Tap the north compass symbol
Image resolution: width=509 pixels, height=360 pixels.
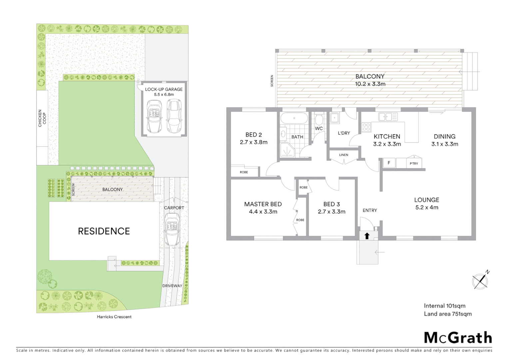[x=481, y=281]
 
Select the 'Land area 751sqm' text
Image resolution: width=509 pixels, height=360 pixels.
[x=448, y=314]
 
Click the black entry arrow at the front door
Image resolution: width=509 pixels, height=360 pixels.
[x=367, y=236]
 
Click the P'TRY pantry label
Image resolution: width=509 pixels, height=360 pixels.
[x=414, y=163]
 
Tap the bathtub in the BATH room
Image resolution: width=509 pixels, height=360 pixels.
[x=294, y=118]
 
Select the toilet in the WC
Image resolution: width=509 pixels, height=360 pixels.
[x=319, y=119]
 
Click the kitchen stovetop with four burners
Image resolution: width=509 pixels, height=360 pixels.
[x=366, y=127]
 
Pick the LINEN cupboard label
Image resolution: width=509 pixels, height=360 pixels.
[x=343, y=155]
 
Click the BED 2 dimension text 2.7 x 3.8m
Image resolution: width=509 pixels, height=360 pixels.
[x=254, y=142]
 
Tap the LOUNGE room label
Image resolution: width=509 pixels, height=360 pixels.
[x=426, y=200]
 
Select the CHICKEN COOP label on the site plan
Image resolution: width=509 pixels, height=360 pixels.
[x=42, y=118]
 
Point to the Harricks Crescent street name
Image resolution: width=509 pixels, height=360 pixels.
[x=114, y=317]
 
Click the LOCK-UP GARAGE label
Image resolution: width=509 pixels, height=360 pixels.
[x=164, y=89]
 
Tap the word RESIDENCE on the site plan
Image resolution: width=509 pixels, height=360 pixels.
[x=104, y=231]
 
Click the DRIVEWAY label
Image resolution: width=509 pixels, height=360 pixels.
[x=172, y=286]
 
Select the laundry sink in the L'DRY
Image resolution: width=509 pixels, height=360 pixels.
[x=334, y=118]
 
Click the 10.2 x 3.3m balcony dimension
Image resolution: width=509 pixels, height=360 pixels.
[x=370, y=84]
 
